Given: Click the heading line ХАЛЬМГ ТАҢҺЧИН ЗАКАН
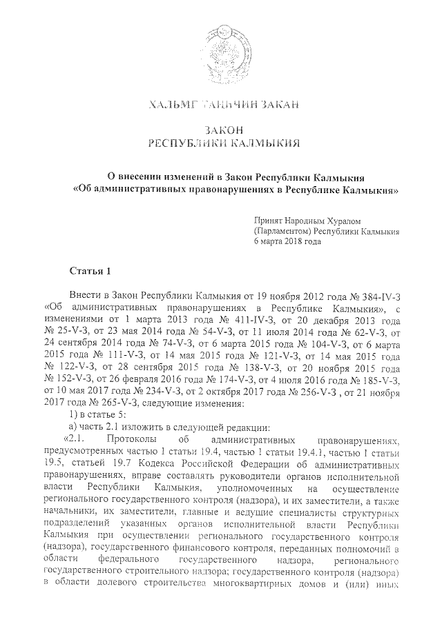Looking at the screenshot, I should click(x=220, y=105).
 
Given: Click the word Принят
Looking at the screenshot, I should click(x=269, y=219).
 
